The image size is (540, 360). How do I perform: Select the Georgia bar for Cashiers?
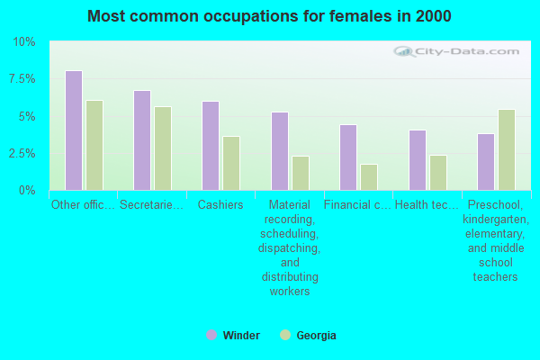(231, 163)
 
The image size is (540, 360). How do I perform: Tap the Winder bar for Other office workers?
(73, 130)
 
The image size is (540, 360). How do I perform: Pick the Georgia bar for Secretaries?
(163, 148)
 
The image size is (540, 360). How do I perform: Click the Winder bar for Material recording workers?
(279, 151)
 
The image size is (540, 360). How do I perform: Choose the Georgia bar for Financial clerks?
(369, 177)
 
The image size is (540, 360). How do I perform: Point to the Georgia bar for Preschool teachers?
(507, 149)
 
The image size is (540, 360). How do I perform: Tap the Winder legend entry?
(233, 336)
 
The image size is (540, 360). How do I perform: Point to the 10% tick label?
(23, 42)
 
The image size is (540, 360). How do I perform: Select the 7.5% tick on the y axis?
(22, 79)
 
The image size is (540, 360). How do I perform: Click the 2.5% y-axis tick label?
(22, 153)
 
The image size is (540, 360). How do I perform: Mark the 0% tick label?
(27, 191)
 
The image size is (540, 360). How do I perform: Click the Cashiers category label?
(220, 205)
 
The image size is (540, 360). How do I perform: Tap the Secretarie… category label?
(152, 205)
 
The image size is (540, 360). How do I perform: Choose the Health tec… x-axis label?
(427, 205)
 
